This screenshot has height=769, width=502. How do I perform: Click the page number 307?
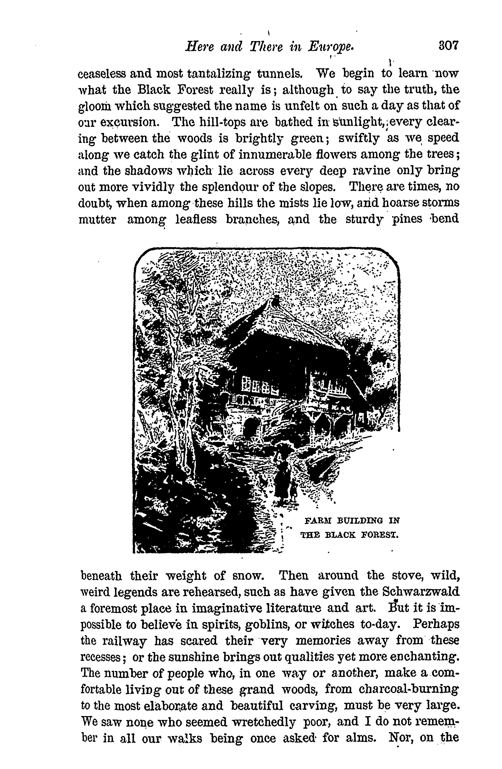point(448,46)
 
